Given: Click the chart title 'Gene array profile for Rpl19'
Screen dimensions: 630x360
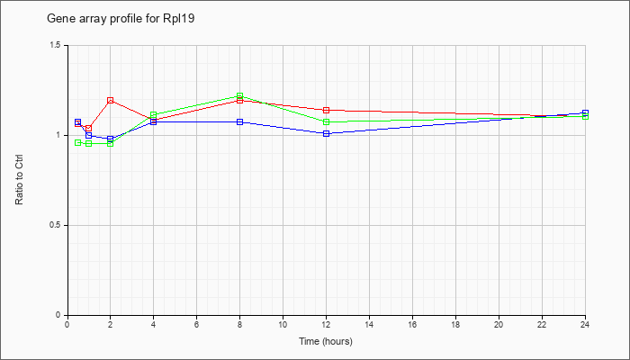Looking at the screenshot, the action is click(121, 19).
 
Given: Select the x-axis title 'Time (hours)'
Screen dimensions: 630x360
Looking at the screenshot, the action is click(326, 341).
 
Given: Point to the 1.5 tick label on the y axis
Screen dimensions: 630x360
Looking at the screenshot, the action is click(55, 45).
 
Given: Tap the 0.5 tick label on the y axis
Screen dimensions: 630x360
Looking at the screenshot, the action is click(55, 225).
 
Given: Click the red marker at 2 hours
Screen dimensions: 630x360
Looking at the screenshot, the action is click(110, 101).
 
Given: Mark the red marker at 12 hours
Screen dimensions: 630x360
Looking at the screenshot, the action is click(326, 110).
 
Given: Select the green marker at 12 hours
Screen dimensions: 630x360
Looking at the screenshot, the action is click(326, 121).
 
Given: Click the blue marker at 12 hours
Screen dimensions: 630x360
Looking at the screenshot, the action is click(326, 133).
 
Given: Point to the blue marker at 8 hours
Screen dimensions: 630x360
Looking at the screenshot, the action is click(240, 121).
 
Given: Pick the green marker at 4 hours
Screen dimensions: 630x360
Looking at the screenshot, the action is click(153, 115).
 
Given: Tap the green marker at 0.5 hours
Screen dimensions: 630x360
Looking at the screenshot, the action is click(78, 142).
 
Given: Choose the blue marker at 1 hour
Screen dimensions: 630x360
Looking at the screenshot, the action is click(89, 135).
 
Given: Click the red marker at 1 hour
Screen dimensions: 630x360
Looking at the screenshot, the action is click(89, 128).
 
